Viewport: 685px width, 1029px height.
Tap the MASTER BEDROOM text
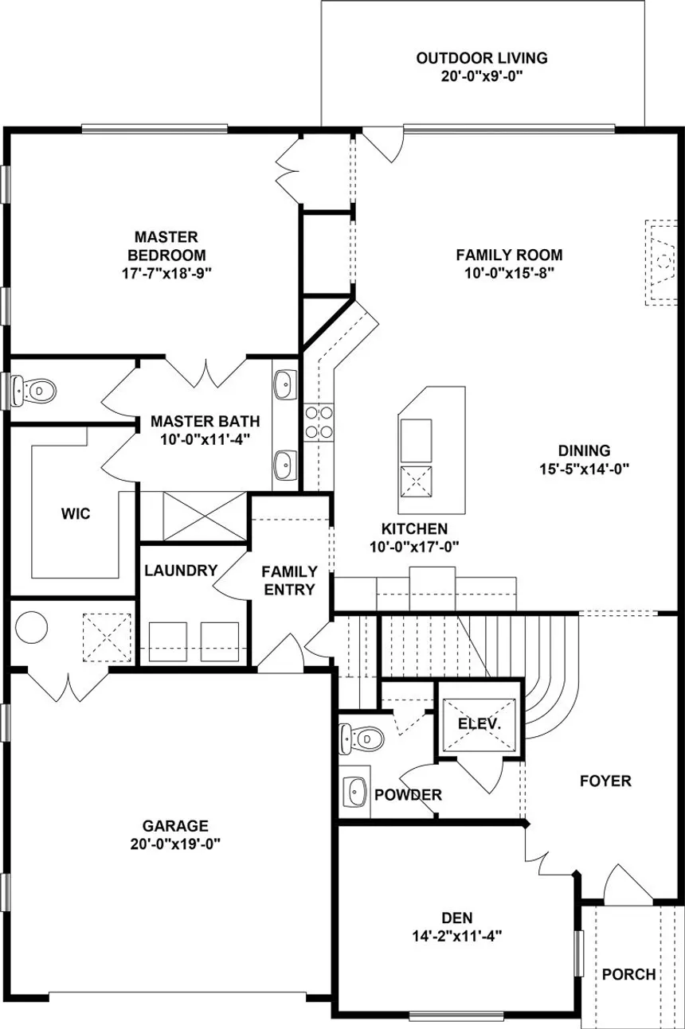point(166,247)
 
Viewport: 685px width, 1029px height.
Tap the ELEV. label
point(479,724)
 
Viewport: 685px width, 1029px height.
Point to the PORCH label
point(628,974)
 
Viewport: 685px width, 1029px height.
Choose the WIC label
point(76,513)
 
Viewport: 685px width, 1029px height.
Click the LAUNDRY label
point(181,570)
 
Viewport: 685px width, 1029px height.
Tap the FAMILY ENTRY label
point(289,580)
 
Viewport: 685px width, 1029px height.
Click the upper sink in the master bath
point(284,385)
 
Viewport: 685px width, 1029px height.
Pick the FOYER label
point(605,781)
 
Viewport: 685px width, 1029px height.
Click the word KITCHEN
point(413,528)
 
